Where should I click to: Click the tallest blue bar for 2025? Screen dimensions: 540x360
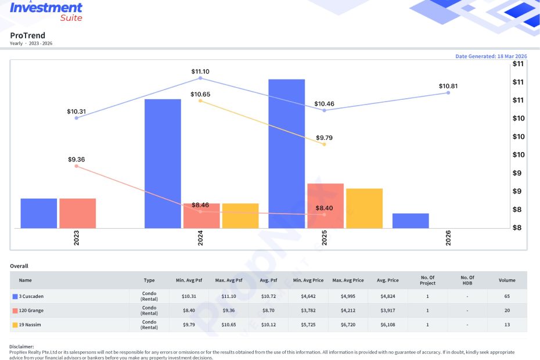pos(286,154)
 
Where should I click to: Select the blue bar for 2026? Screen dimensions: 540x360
pos(411,221)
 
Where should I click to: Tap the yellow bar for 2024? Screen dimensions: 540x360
pos(240,215)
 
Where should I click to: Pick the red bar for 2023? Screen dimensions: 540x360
pos(77,213)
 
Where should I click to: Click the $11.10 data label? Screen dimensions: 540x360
pos(200,71)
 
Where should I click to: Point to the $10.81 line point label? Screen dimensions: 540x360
pos(448,86)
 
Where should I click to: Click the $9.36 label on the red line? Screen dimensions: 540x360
pos(76,160)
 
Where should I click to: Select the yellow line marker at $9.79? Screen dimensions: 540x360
pos(324,145)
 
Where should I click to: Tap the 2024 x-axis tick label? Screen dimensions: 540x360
pos(200,237)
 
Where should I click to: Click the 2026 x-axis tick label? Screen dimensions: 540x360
pos(448,237)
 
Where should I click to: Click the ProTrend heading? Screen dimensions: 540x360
pos(27,35)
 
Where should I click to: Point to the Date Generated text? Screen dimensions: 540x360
pos(491,56)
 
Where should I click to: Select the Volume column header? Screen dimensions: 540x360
pos(507,280)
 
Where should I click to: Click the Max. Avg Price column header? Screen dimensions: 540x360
pos(348,280)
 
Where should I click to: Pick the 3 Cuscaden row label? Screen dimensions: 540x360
pos(31,296)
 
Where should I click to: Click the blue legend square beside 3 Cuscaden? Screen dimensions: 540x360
pos(15,296)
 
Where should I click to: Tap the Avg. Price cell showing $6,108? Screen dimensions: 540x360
pos(388,325)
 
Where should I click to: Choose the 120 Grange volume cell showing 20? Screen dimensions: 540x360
pos(507,311)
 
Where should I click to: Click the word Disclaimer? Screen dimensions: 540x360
pos(21,347)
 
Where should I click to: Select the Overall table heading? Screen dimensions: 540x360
pos(19,266)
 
